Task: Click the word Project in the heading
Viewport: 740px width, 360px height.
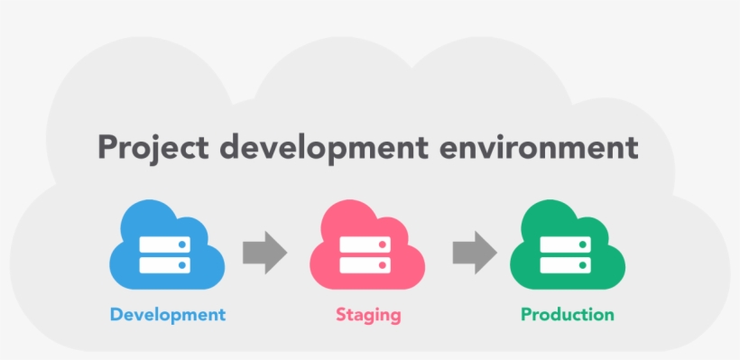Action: (x=151, y=147)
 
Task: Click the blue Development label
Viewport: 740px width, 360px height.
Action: (x=167, y=315)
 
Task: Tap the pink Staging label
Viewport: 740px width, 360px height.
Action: (x=368, y=315)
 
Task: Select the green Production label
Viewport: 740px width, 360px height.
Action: (x=567, y=315)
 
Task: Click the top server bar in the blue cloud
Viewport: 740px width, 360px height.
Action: (x=165, y=244)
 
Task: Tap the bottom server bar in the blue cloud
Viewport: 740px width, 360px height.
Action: (x=165, y=263)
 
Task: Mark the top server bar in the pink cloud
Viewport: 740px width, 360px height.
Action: (x=365, y=244)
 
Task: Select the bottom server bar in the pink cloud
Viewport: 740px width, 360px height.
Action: (x=365, y=263)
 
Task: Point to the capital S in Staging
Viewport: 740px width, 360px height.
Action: (x=341, y=315)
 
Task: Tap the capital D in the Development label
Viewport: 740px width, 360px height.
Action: (x=116, y=314)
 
